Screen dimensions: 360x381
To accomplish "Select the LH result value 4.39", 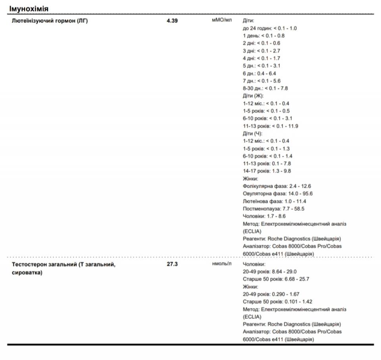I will pyautogui.click(x=172, y=21).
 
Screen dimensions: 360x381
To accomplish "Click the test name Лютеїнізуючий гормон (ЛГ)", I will pyautogui.click(x=50, y=21).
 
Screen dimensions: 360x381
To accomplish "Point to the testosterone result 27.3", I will pyautogui.click(x=172, y=264).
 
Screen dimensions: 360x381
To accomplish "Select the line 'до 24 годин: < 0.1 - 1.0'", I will pyautogui.click(x=269, y=28).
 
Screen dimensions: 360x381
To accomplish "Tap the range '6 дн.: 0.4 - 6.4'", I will pyautogui.click(x=259, y=73).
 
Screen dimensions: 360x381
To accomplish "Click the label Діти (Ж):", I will pyautogui.click(x=253, y=96).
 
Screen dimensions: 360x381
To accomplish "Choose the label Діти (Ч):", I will pyautogui.click(x=252, y=134).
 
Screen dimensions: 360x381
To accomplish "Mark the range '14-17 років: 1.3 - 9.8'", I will pyautogui.click(x=267, y=171).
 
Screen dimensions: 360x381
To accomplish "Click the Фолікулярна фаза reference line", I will pyautogui.click(x=277, y=186).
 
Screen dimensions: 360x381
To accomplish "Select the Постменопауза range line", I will pyautogui.click(x=273, y=209).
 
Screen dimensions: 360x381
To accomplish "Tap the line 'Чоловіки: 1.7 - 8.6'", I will pyautogui.click(x=264, y=216).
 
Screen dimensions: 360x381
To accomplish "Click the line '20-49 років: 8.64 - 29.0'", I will pyautogui.click(x=269, y=272).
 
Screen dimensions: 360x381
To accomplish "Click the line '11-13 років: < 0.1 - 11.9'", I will pyautogui.click(x=270, y=126).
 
